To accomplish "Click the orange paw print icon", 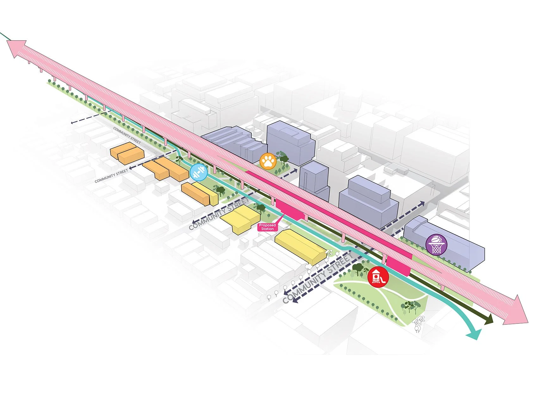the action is coord(268,161).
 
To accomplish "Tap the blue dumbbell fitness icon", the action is coord(199,173).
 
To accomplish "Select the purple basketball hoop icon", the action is coord(436,244).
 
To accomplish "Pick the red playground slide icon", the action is coord(378,277).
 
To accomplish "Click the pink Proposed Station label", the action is coord(267,227).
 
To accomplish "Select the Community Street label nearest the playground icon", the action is coord(318,279).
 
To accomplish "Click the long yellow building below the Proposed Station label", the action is coord(299,246).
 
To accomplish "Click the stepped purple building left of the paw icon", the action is coord(234,141).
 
